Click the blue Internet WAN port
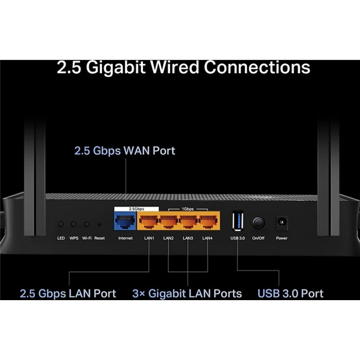coord(125,222)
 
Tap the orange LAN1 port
coord(148,222)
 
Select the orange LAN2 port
coord(168,222)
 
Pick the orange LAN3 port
coord(188,222)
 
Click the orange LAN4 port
coord(207,222)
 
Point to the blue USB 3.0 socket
coord(237,222)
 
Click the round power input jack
coord(282,222)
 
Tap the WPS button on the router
coord(74,224)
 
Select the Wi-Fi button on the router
coord(86,224)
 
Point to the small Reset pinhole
coord(99,224)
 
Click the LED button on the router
coord(61,224)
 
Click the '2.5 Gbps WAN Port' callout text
coord(125,150)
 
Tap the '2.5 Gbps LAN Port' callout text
coord(68,294)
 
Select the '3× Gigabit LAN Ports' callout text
coord(187,294)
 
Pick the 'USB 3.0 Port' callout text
coord(290,294)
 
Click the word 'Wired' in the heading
coord(175,67)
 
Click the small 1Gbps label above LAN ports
coord(188,209)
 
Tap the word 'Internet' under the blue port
coord(125,238)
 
